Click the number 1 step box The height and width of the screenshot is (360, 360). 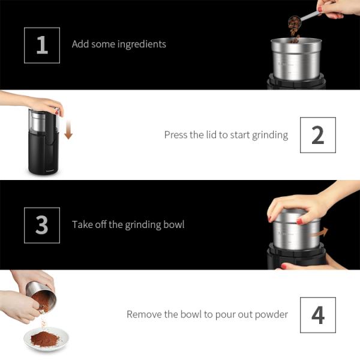point(42,45)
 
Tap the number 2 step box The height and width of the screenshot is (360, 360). point(318,135)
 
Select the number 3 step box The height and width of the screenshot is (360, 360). point(42,225)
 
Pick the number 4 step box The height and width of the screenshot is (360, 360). point(318,315)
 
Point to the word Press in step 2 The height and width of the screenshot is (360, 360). point(176,135)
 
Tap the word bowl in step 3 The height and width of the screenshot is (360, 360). point(173,225)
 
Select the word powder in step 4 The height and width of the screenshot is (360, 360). point(272,314)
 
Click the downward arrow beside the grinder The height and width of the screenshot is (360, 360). point(68,130)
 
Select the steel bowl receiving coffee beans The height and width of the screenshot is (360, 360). point(295,60)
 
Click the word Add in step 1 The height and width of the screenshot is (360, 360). point(80,44)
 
